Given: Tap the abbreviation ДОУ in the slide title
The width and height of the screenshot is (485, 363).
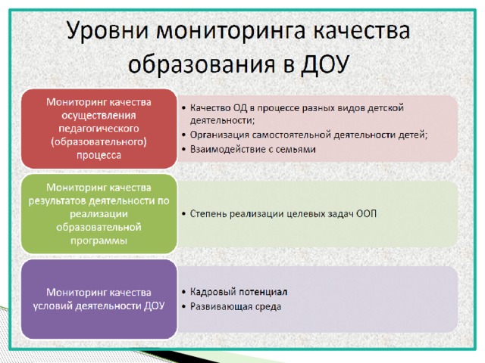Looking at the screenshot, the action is click(325, 64).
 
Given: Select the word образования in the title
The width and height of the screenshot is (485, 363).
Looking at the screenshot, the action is click(202, 65).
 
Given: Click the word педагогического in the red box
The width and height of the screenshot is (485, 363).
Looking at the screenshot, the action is click(99, 129).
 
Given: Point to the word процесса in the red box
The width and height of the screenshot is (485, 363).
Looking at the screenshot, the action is click(99, 155).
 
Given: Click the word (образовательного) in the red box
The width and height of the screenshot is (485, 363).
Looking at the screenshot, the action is click(99, 142).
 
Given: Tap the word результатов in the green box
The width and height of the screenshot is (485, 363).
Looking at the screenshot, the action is click(57, 201).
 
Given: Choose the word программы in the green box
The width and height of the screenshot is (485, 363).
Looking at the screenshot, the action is click(99, 240).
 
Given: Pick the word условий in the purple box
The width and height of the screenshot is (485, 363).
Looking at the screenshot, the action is click(52, 306).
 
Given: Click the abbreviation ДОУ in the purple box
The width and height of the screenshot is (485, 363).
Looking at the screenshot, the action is click(154, 306).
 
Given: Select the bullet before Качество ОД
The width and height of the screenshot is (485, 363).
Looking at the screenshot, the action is click(184, 108).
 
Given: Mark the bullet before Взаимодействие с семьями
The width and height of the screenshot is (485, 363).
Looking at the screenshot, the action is click(184, 150).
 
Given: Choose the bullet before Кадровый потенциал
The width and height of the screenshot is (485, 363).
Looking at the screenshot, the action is click(184, 292).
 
